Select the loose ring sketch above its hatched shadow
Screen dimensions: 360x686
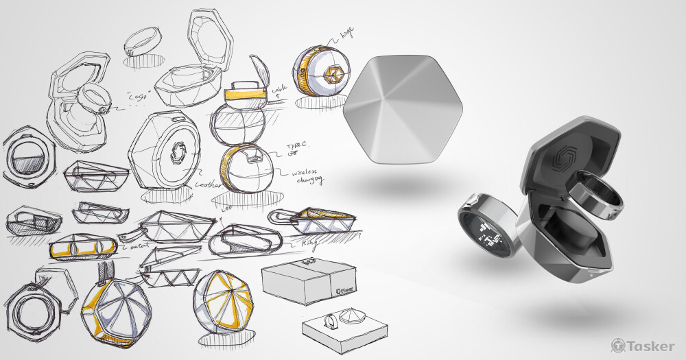point(141,41)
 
